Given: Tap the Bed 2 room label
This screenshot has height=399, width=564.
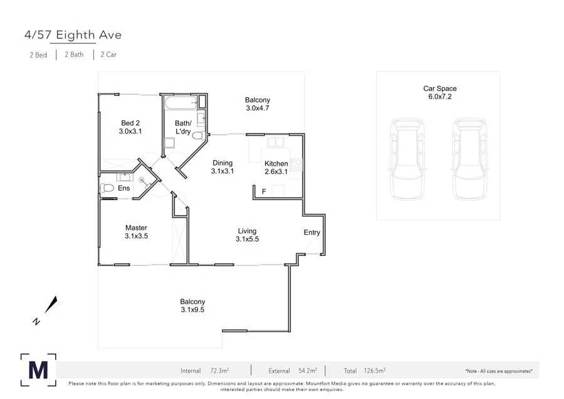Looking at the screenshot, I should (130, 123).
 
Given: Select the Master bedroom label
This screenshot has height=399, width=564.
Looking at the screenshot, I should (136, 228).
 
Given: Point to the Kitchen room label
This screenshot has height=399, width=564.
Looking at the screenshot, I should (276, 164).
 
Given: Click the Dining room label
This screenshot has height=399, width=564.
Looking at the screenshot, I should (222, 162).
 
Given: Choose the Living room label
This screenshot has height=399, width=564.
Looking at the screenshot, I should (247, 231).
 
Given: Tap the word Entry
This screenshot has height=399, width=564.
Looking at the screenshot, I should (312, 233).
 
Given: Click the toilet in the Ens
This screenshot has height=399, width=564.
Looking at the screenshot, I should (107, 188).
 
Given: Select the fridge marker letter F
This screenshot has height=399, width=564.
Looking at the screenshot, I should (264, 191).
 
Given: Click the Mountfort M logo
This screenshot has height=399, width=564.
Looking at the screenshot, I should (38, 370).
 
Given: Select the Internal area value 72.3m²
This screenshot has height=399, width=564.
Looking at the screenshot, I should (219, 371).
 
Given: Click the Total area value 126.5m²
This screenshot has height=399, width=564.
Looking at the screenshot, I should (375, 371).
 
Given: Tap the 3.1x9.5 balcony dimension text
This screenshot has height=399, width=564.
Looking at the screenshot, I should (192, 309).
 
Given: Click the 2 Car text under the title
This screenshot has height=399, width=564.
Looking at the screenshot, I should (108, 55).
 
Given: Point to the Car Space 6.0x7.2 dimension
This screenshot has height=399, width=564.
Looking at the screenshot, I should (440, 97).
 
